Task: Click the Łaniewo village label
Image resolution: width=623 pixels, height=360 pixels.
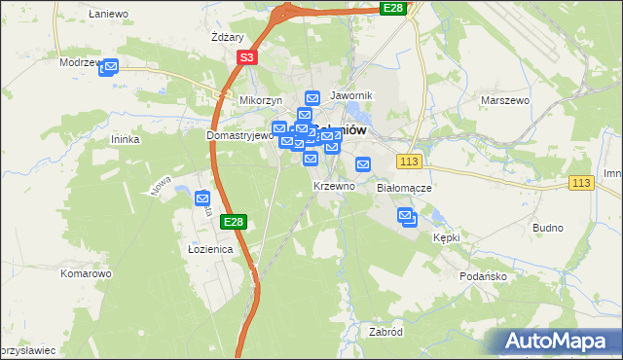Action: (x=108, y=14)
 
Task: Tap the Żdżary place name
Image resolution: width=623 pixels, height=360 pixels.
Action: (x=226, y=38)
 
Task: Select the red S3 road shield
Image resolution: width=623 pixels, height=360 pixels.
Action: (x=247, y=58)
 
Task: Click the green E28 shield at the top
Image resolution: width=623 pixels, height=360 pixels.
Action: (x=392, y=8)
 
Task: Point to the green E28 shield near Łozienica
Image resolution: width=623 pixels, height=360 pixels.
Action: (x=233, y=222)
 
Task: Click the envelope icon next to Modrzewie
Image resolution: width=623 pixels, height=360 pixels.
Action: (x=109, y=67)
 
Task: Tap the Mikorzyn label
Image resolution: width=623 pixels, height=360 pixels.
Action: (x=260, y=100)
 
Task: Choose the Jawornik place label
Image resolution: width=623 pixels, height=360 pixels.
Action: (x=351, y=95)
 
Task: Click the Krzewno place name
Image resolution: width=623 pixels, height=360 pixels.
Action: (x=333, y=186)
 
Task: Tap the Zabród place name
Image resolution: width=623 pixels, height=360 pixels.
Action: (x=385, y=332)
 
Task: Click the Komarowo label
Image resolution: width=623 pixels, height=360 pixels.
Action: (x=86, y=273)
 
